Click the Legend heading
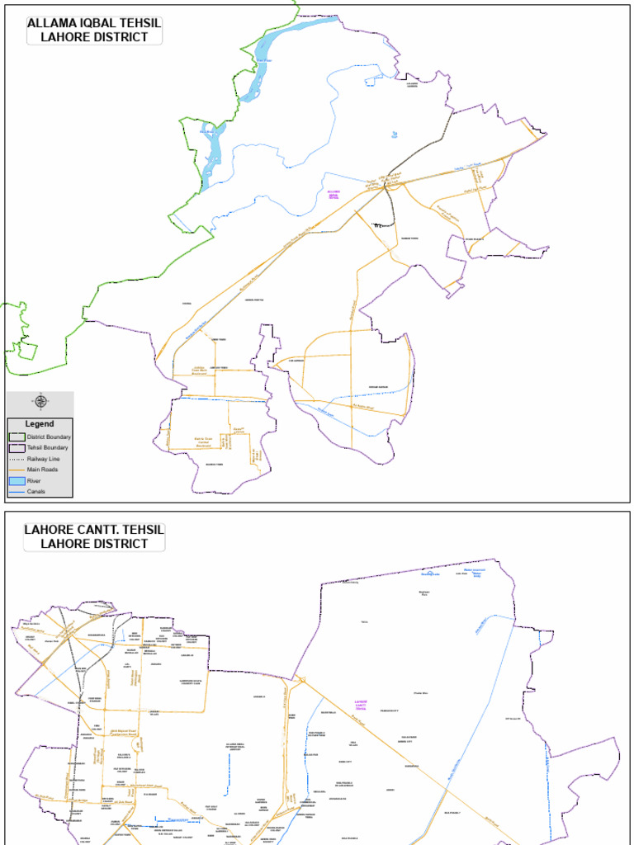40,423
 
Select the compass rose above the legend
40,402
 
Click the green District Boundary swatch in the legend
17,437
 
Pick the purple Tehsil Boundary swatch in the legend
17,447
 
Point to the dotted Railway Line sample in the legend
17,459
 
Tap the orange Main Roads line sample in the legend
17,470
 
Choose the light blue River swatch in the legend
17,480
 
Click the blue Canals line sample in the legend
17,492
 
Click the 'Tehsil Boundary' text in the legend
48,447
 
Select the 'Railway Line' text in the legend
44,459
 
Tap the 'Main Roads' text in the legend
43,470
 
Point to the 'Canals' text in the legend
36,492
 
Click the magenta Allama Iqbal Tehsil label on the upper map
334,194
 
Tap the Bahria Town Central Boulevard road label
204,441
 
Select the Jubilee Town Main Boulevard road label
200,371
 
